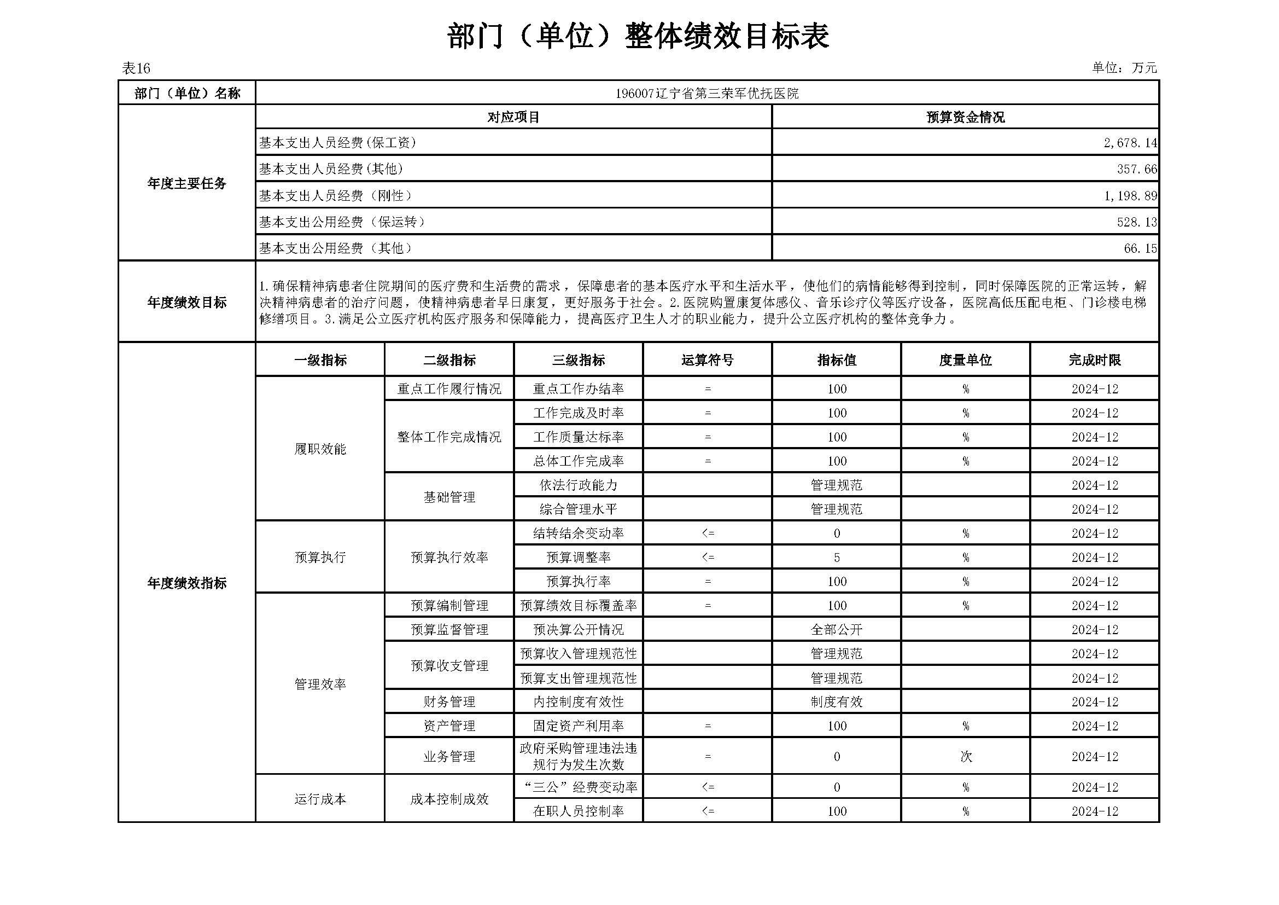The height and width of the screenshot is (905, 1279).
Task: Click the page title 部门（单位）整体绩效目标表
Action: pyautogui.click(x=638, y=37)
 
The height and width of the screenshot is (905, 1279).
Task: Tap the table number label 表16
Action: pyautogui.click(x=136, y=68)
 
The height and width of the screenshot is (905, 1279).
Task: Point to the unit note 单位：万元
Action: pyautogui.click(x=1124, y=68)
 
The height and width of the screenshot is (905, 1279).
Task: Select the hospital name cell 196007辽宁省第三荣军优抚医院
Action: pyautogui.click(x=706, y=94)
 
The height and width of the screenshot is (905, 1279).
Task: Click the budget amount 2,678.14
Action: pyautogui.click(x=1130, y=143)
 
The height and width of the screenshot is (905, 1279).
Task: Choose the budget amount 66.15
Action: pyautogui.click(x=1140, y=248)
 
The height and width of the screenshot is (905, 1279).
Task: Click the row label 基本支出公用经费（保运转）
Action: pyautogui.click(x=342, y=222)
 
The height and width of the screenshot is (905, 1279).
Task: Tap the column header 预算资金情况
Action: pyautogui.click(x=965, y=118)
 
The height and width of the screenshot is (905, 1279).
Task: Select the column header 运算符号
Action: pyautogui.click(x=707, y=361)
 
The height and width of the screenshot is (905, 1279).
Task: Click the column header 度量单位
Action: pyautogui.click(x=965, y=361)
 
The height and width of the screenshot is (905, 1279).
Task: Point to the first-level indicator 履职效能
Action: pyautogui.click(x=320, y=449)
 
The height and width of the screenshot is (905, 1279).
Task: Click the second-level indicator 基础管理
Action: pyautogui.click(x=449, y=497)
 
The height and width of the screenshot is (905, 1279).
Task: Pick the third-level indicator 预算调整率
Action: pyautogui.click(x=578, y=558)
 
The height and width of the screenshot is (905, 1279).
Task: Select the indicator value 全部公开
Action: pyautogui.click(x=836, y=630)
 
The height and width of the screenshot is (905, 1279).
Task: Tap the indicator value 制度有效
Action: pyautogui.click(x=836, y=702)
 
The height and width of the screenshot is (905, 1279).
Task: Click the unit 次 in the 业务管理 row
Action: pyautogui.click(x=965, y=757)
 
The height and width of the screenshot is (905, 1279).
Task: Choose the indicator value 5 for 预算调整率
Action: pyautogui.click(x=836, y=558)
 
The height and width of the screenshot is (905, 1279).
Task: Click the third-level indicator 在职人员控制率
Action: pyautogui.click(x=578, y=811)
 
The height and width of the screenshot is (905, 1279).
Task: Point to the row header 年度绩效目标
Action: pyautogui.click(x=186, y=303)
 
